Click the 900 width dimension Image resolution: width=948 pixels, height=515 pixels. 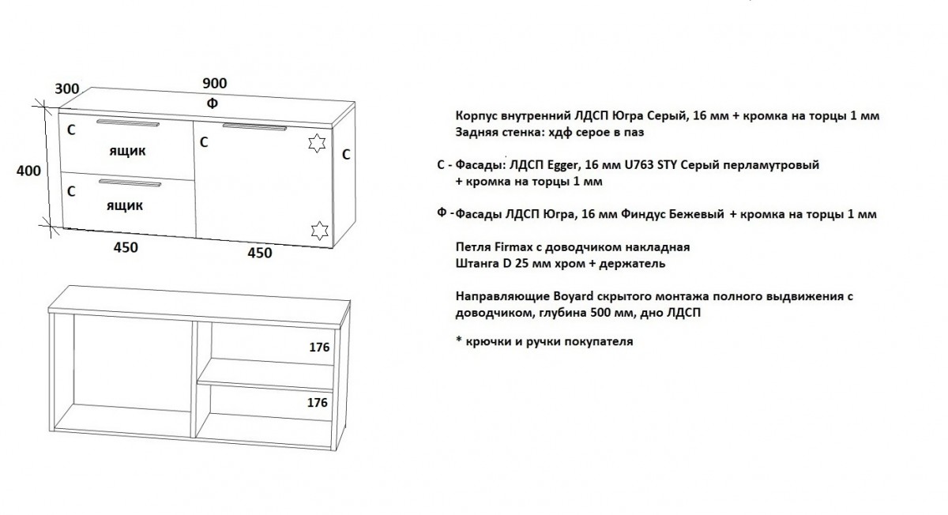[x=215, y=84]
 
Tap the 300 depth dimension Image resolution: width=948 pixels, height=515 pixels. [x=67, y=89]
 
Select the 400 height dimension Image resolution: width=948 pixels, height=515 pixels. [x=28, y=171]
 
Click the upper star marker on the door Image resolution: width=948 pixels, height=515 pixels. [x=317, y=143]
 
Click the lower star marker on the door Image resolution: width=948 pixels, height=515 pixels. [x=319, y=231]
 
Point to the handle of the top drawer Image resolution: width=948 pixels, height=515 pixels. [x=128, y=123]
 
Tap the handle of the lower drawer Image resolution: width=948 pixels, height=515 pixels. [x=130, y=182]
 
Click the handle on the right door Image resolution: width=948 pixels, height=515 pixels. [x=254, y=127]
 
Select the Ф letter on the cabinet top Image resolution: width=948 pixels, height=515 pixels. [x=213, y=103]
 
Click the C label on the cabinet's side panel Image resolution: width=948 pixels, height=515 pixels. [x=346, y=155]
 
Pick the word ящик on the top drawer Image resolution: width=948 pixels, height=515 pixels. [x=127, y=151]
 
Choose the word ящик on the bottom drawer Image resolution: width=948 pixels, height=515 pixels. [x=125, y=206]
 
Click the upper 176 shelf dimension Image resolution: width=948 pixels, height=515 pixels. [x=319, y=348]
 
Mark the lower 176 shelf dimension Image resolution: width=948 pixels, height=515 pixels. [x=318, y=402]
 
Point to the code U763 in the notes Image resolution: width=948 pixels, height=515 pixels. [x=639, y=164]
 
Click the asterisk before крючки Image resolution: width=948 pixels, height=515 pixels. [x=458, y=339]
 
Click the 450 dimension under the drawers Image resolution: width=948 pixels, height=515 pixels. [x=126, y=247]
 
